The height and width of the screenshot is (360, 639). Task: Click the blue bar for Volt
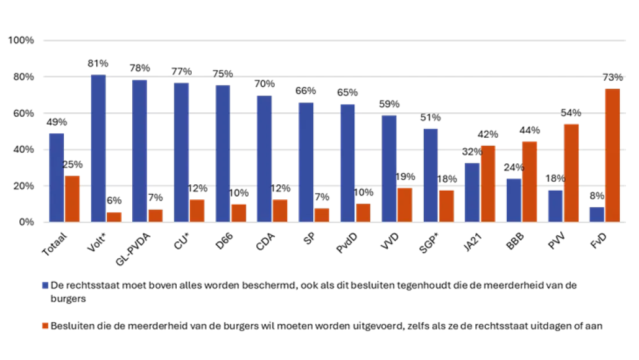pyautogui.click(x=98, y=148)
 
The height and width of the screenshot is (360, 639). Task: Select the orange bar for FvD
pyautogui.click(x=613, y=155)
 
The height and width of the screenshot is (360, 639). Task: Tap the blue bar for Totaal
pyautogui.click(x=56, y=177)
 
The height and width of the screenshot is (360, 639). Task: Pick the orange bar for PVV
pyautogui.click(x=571, y=173)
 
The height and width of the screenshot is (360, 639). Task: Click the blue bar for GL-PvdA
pyautogui.click(x=140, y=151)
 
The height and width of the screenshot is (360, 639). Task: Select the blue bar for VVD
pyautogui.click(x=389, y=168)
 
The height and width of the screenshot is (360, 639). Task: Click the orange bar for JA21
pyautogui.click(x=488, y=183)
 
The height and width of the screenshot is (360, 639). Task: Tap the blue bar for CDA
pyautogui.click(x=264, y=158)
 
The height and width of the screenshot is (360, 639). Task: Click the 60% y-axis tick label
pyautogui.click(x=22, y=113)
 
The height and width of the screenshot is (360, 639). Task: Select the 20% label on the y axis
pyautogui.click(x=22, y=186)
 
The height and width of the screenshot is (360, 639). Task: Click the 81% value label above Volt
pyautogui.click(x=98, y=63)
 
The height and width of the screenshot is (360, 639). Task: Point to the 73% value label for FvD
pyautogui.click(x=613, y=77)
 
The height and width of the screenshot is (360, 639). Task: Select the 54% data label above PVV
pyautogui.click(x=571, y=113)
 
